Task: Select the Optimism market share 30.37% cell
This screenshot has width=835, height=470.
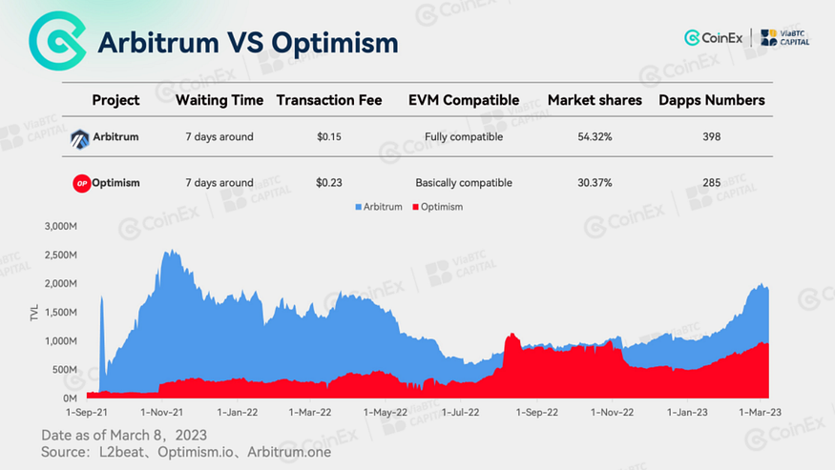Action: [x=594, y=183]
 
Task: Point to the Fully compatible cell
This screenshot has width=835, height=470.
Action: [x=463, y=137]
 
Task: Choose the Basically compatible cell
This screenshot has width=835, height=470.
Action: [x=463, y=183]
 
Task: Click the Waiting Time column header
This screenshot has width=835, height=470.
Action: [x=219, y=100]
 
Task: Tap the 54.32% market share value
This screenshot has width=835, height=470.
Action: [x=594, y=137]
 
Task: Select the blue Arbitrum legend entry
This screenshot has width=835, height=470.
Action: [x=378, y=207]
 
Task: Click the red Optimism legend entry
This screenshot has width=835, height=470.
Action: [x=436, y=207]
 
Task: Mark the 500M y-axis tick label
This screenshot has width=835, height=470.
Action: [x=63, y=370]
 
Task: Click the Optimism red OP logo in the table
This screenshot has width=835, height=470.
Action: [x=81, y=183]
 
